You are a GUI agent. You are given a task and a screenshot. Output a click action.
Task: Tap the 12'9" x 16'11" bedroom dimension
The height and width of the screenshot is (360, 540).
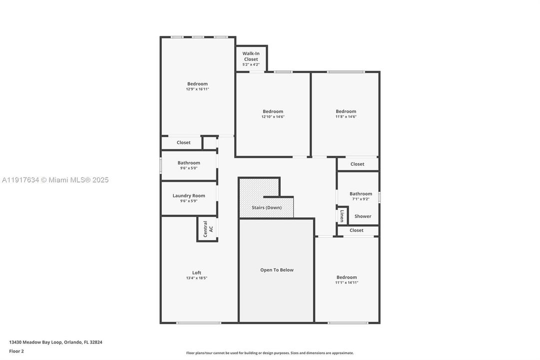pos(197,89)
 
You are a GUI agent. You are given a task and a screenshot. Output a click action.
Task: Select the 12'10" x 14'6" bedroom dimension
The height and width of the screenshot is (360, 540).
pos(273,116)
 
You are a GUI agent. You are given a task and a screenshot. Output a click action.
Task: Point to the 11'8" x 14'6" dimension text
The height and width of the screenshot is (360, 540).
pos(346,116)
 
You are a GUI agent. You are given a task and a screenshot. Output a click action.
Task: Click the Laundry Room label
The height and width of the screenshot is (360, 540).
pos(189,195)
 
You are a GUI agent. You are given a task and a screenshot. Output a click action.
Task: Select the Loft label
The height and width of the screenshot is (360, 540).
pos(197,272)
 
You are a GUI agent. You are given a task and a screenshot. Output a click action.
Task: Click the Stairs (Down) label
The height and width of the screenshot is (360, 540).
pos(267,207)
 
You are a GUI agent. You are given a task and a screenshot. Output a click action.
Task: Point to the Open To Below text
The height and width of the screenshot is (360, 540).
pos(277,270)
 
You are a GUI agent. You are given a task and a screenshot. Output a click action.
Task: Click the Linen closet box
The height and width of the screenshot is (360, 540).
pos(342,215)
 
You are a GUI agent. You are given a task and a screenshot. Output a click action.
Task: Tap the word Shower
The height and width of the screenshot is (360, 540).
pos(363,216)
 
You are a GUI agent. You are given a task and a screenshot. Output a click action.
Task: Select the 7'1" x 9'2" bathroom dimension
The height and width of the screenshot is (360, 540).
pos(361,199)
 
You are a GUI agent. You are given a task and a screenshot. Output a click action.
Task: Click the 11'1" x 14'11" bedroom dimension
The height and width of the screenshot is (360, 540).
pos(347,282)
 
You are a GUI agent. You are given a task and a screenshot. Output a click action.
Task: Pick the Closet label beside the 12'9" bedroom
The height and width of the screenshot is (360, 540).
pos(183,142)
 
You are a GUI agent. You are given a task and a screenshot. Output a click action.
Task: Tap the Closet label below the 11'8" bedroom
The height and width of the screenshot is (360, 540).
pos(357,164)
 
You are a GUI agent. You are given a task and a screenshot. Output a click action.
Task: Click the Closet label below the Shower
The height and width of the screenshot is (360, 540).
pos(357,230)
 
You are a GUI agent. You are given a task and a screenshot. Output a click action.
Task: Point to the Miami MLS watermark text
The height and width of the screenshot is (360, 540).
pos(54,180)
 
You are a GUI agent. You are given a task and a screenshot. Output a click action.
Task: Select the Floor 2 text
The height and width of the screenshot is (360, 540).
pos(16,351)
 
